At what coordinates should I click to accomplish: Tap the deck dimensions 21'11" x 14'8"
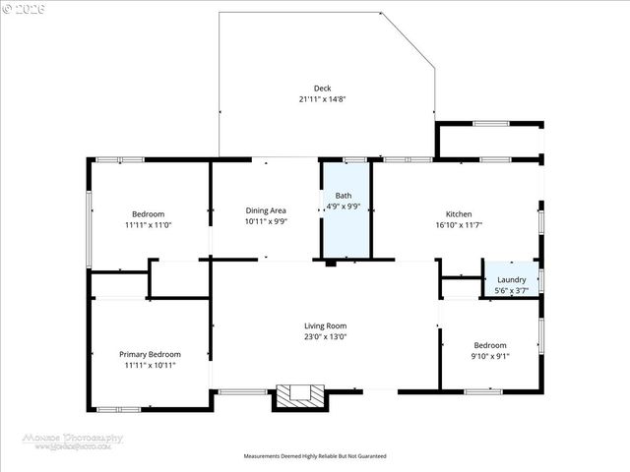point(322,99)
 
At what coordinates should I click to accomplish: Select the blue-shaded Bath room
point(346,226)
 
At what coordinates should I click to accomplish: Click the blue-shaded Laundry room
point(511,278)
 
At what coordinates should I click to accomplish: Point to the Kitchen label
point(459,214)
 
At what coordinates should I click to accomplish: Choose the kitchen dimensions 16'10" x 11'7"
point(459,225)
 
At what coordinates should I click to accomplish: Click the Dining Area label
point(266,210)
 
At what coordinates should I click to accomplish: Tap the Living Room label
point(324,325)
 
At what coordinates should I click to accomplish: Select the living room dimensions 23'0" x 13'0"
point(324,336)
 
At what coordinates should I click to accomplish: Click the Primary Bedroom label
point(150,354)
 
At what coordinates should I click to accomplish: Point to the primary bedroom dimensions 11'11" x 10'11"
point(150,365)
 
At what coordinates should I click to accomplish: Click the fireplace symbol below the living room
point(299,395)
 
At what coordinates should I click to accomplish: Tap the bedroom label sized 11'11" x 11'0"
point(149,214)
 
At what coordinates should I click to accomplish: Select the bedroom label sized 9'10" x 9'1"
point(490,345)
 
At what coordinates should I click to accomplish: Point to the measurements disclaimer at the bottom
point(315,456)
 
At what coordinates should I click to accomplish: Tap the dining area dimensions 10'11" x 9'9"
point(266,221)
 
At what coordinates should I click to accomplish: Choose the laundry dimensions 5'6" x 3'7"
point(511,290)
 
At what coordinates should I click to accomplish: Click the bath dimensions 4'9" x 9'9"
point(344,206)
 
